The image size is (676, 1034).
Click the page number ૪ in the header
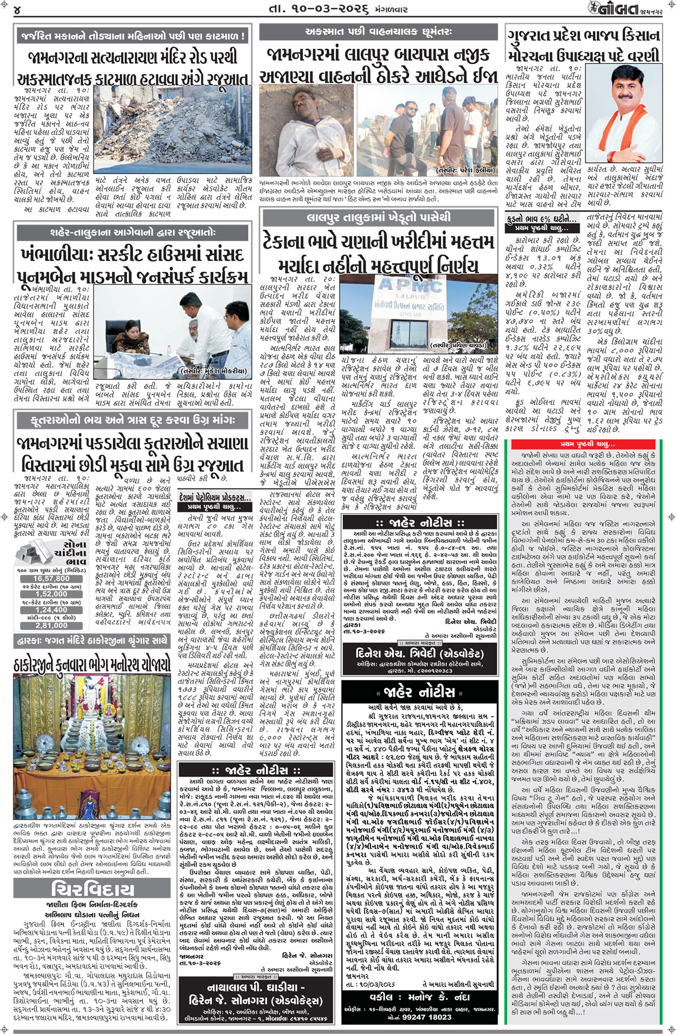pos(17,10)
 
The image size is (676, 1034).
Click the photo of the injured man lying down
pos(305,130)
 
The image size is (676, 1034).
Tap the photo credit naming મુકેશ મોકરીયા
pos(215,371)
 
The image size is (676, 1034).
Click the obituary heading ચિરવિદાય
pos(92,889)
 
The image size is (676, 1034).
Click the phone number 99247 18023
pos(420,1016)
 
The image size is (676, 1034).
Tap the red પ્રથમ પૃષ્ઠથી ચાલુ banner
pos(587,444)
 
